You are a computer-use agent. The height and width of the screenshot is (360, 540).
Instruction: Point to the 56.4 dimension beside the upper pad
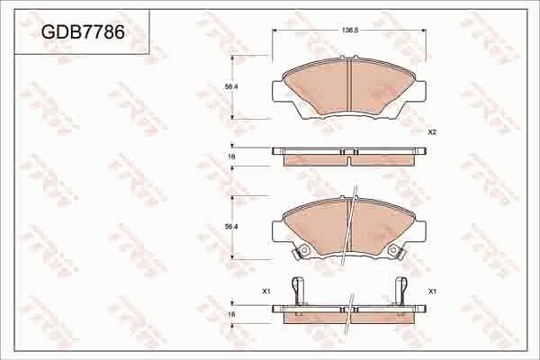tap(230, 86)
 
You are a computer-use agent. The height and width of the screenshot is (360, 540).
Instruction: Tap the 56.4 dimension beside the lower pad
tap(230, 228)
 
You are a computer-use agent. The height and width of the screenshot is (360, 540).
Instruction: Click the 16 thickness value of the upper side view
tap(231, 157)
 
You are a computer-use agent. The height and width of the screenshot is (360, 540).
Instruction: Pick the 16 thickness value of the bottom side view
tap(231, 313)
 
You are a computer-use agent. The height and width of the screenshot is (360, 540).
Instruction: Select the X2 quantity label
tap(432, 132)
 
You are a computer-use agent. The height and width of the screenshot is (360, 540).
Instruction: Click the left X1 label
tap(265, 292)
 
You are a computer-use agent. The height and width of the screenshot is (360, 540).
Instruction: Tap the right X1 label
tap(433, 292)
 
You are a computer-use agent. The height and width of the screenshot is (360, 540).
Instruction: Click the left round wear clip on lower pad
tap(303, 250)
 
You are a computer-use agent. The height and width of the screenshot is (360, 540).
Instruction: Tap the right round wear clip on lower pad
tap(393, 250)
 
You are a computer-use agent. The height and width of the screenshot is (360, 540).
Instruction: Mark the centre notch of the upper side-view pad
tap(348, 152)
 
